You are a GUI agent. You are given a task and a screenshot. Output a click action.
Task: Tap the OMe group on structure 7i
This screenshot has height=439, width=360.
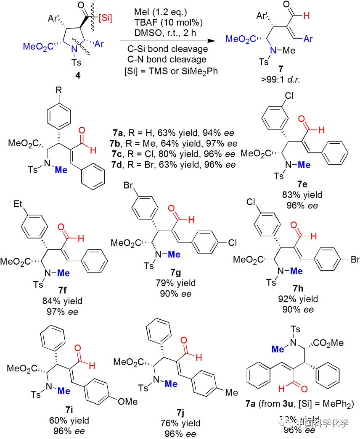click(127, 402)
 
